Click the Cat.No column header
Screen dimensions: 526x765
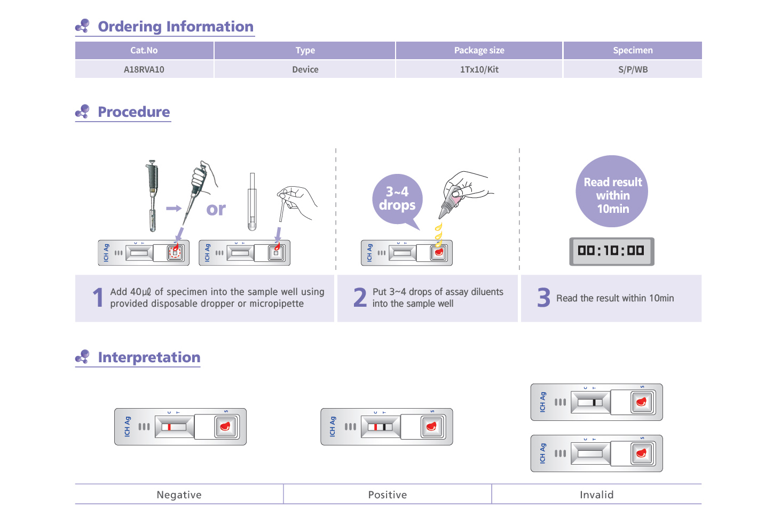pyautogui.click(x=144, y=51)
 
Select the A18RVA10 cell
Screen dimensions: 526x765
pyautogui.click(x=144, y=69)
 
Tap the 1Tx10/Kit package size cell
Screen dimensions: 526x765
pyautogui.click(x=479, y=69)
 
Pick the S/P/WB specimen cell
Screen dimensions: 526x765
pyautogui.click(x=633, y=69)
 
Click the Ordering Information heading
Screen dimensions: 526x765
pyautogui.click(x=175, y=27)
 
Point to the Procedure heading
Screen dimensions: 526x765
pyautogui.click(x=133, y=112)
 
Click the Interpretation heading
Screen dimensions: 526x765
pyautogui.click(x=149, y=357)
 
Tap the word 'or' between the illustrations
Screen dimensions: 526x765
pyautogui.click(x=216, y=209)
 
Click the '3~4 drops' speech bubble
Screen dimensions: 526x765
pyautogui.click(x=397, y=199)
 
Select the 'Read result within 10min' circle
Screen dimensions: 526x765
pyautogui.click(x=612, y=192)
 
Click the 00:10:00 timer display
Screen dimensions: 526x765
pyautogui.click(x=611, y=251)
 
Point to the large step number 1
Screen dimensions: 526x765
pyautogui.click(x=98, y=298)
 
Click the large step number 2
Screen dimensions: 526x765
pyautogui.click(x=360, y=298)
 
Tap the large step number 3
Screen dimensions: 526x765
pyautogui.click(x=543, y=298)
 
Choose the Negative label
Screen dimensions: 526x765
pyautogui.click(x=179, y=495)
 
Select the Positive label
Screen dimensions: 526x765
pyautogui.click(x=388, y=495)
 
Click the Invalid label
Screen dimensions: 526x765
pyautogui.click(x=596, y=495)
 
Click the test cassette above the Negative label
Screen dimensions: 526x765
pyautogui.click(x=180, y=427)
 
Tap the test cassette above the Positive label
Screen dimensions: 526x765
pyautogui.click(x=387, y=427)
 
